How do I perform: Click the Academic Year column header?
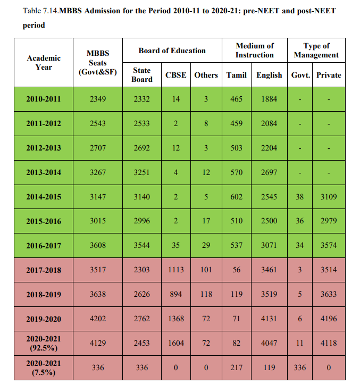coord(44,62)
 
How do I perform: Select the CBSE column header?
coord(176,75)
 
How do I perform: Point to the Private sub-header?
coord(329,75)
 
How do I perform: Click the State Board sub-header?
coord(141,74)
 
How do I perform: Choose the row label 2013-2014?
coord(44,172)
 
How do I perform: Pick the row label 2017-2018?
coord(44,270)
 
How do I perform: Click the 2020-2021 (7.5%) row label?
coord(44,368)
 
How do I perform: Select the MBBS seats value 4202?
coord(97,319)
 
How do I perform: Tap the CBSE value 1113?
coord(176,270)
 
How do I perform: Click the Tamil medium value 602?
coord(236,197)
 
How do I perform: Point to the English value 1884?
coord(269,99)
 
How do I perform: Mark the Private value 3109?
coord(329,197)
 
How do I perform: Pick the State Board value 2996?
coord(141,221)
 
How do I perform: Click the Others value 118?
coord(206,295)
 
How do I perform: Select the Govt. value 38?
coord(300,197)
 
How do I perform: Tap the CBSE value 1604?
coord(176,344)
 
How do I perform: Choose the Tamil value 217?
coord(236,368)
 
